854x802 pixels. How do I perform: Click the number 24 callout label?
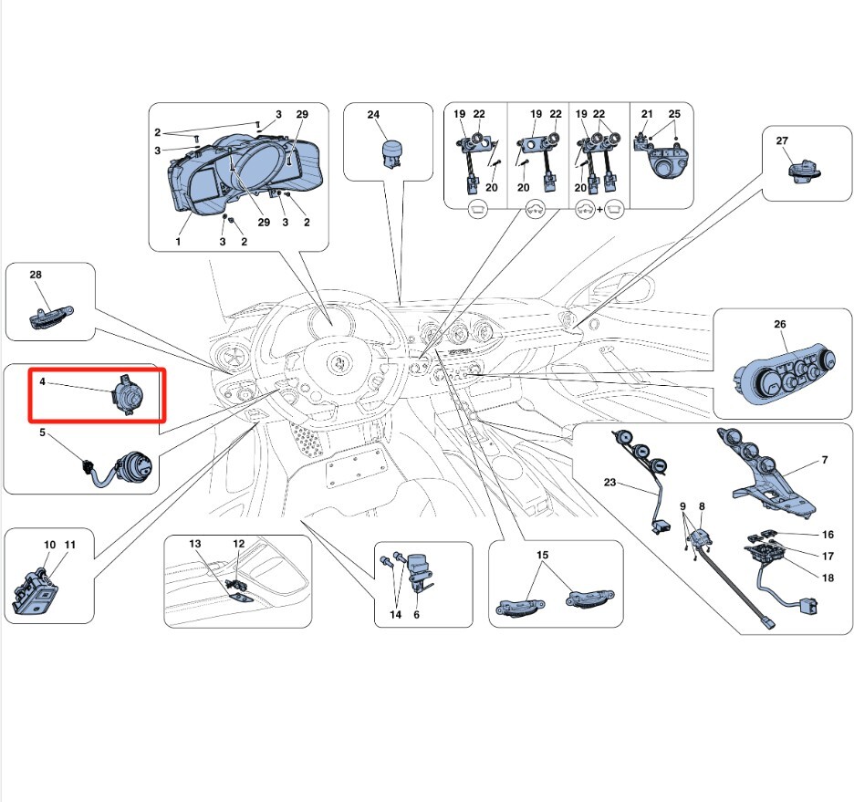click(373, 115)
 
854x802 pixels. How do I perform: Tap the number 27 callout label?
click(782, 141)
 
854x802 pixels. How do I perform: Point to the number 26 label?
click(779, 325)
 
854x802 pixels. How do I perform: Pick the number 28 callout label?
click(36, 275)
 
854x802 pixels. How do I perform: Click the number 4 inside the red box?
click(42, 384)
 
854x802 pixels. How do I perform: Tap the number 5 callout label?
click(42, 433)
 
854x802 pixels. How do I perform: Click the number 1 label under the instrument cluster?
click(179, 242)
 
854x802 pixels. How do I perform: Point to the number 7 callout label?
click(824, 460)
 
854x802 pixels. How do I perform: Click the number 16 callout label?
click(828, 535)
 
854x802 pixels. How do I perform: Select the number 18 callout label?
click(828, 578)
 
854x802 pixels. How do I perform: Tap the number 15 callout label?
click(543, 555)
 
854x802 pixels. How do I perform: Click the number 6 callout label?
click(417, 615)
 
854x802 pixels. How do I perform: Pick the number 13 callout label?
click(194, 544)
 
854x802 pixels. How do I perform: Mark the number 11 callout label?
click(70, 545)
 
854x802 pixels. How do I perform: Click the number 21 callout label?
click(647, 114)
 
